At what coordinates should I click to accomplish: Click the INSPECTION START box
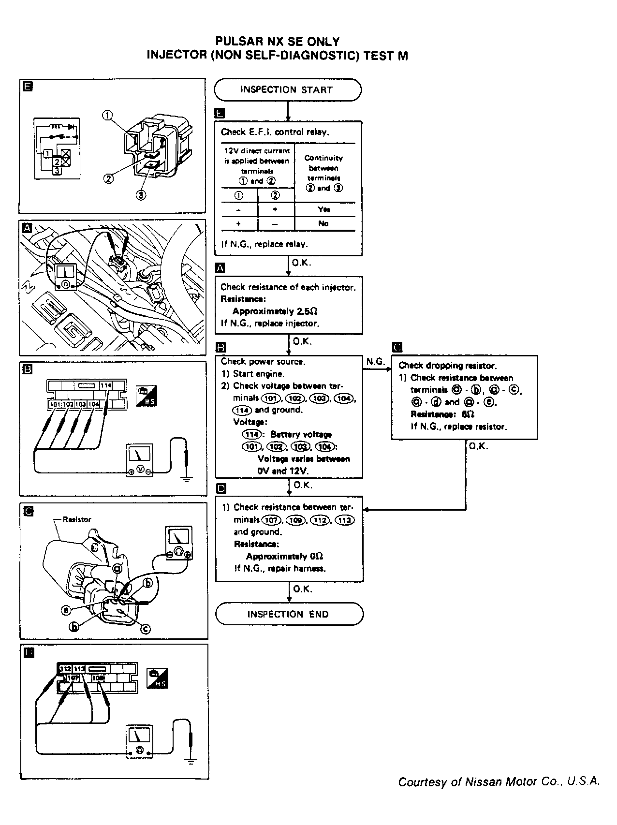point(288,90)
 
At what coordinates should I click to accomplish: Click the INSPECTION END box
point(289,614)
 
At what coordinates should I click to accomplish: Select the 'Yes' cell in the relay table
point(324,209)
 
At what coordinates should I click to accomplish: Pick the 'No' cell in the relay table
point(323,223)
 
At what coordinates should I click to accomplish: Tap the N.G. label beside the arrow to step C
point(375,362)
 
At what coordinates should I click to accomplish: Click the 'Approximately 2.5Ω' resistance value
point(275,311)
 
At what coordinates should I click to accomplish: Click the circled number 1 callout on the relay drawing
point(107,115)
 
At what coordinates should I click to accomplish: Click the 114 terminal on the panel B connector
point(106,385)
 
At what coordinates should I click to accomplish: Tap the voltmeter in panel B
point(139,460)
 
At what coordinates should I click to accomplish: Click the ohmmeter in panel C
point(178,544)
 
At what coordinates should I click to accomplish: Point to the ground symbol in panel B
point(187,478)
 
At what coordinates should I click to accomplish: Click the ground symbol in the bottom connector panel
point(191,761)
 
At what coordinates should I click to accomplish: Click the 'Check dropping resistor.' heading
point(447,366)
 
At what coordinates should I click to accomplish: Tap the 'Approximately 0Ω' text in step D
point(284,556)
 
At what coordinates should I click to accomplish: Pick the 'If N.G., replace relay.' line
point(264,244)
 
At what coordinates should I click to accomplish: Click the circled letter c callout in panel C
point(146,629)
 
